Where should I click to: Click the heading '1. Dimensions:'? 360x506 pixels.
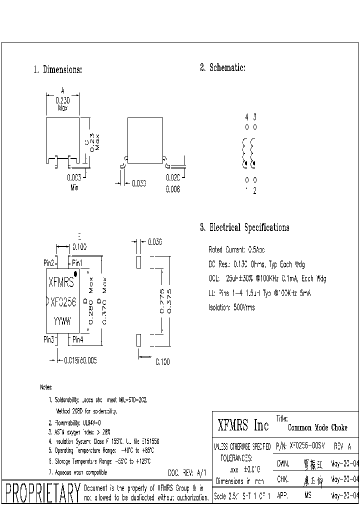point(57,70)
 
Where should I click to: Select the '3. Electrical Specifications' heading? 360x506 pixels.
point(244,228)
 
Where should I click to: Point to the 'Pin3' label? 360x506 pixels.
point(48,340)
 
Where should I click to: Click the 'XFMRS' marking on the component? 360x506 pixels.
point(61,283)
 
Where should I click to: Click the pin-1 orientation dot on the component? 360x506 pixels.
point(75,273)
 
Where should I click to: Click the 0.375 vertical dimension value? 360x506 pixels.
point(168,301)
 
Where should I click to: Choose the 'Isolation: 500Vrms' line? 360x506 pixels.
point(231,307)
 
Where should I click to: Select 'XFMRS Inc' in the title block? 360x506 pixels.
point(243,426)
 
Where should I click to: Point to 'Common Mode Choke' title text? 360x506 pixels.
point(317,428)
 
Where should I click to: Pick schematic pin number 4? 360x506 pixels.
point(246,117)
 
